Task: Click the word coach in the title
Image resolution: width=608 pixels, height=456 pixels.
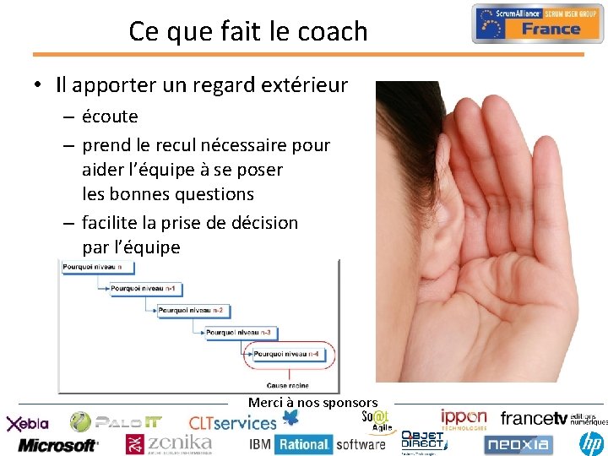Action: (x=336, y=31)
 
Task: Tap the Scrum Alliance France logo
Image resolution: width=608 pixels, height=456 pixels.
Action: (x=537, y=23)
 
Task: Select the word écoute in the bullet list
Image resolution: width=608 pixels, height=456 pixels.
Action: (x=110, y=117)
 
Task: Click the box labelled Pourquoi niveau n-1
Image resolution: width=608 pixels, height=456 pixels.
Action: (x=144, y=289)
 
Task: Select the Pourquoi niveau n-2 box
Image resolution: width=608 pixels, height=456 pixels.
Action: (x=192, y=311)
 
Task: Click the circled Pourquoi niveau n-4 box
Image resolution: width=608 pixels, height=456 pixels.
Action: (x=287, y=354)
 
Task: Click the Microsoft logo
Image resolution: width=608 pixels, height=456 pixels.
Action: (x=57, y=444)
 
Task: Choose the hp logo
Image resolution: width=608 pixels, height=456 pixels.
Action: (x=592, y=442)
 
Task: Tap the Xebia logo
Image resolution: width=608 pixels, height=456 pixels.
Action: (x=29, y=423)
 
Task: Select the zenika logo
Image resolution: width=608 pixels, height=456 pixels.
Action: (x=169, y=442)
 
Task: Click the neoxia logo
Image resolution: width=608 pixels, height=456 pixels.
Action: (x=518, y=442)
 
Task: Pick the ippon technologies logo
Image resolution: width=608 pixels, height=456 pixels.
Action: (x=464, y=419)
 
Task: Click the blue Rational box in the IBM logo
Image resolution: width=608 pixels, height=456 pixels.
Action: (x=303, y=444)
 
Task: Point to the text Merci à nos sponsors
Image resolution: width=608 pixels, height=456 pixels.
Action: (x=312, y=403)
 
